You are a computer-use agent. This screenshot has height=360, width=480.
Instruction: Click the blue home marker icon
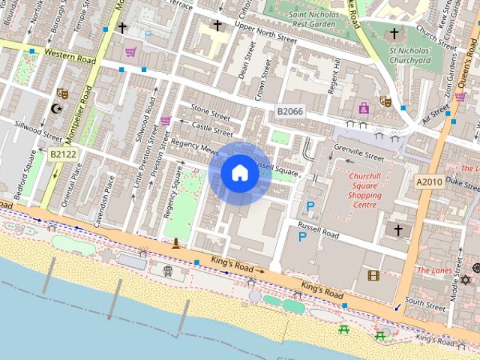239,173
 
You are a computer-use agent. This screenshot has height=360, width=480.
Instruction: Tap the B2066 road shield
289,112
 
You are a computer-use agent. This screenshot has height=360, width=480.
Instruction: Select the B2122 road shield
64,154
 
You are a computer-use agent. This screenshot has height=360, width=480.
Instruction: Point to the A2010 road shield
429,181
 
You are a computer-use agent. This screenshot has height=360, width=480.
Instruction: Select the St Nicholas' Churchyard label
410,56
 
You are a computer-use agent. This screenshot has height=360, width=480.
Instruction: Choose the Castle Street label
212,129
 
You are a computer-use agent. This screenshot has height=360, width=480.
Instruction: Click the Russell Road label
319,228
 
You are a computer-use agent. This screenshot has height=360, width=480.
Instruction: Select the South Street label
424,303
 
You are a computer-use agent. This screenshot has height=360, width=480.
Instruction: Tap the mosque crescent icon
55,109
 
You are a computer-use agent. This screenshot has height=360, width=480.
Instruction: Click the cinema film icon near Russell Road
373,275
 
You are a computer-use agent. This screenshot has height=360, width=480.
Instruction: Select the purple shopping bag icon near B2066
364,109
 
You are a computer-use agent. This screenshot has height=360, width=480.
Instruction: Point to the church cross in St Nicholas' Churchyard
394,34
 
